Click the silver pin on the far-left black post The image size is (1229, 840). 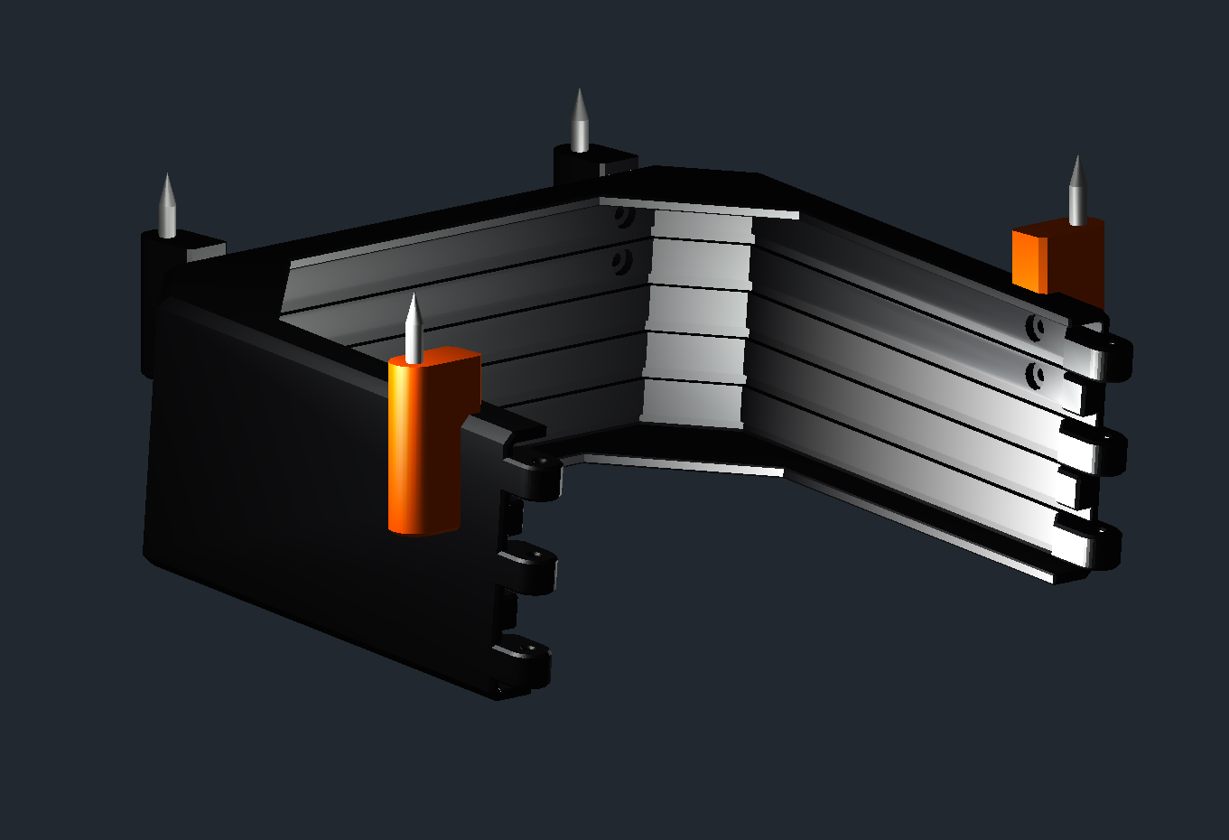tap(167, 208)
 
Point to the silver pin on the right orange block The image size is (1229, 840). tap(1076, 192)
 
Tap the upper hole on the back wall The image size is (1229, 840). tap(621, 217)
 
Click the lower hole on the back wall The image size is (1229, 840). tap(619, 263)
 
